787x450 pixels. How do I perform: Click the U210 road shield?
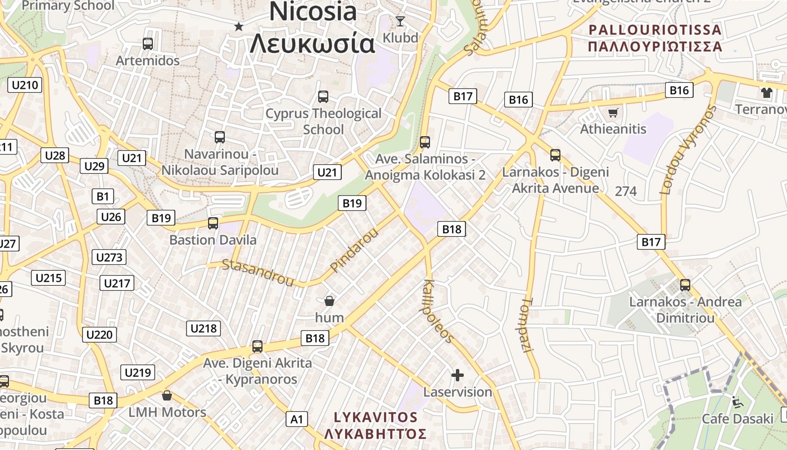(x=25, y=85)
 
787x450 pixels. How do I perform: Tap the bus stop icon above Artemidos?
(x=148, y=43)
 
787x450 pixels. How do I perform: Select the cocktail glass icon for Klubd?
(x=400, y=21)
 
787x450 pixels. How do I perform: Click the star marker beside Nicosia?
(x=239, y=26)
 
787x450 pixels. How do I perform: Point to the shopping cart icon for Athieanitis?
(x=613, y=112)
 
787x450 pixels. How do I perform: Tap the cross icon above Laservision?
(x=458, y=375)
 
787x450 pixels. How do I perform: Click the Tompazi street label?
(x=526, y=325)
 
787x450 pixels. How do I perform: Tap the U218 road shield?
(x=203, y=328)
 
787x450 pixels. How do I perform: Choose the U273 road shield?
(x=108, y=258)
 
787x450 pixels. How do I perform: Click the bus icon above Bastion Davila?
(x=213, y=223)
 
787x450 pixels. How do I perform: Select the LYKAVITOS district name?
(x=376, y=417)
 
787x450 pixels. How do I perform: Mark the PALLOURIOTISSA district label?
(x=655, y=30)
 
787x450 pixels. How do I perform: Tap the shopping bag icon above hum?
(x=329, y=301)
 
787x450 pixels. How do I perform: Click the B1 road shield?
(x=102, y=196)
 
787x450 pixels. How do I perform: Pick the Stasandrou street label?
(x=258, y=272)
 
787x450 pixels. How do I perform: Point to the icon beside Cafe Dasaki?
(x=737, y=402)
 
